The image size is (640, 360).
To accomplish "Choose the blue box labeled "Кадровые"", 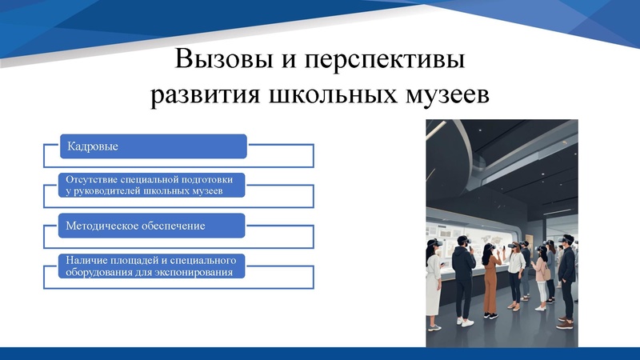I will point(154,146).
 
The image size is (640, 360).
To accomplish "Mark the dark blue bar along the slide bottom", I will point(320,354).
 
